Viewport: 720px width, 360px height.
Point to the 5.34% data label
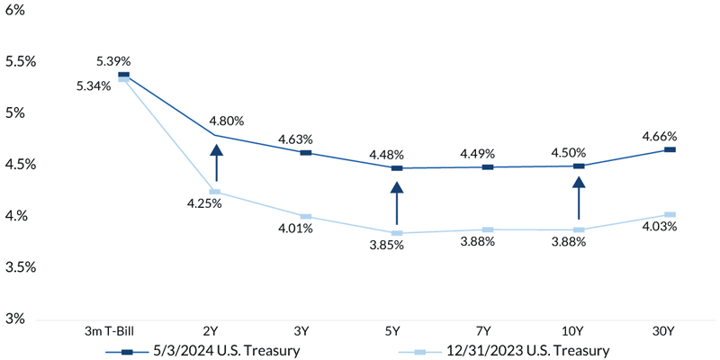94,85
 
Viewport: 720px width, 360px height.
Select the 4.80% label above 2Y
227,120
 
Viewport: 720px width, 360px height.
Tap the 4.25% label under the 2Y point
204,203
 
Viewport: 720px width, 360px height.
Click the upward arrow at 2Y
216,163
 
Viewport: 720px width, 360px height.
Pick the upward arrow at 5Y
396,203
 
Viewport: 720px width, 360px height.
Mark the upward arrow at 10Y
578,198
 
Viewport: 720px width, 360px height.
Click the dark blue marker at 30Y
670,149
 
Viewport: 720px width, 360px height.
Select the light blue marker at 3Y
306,217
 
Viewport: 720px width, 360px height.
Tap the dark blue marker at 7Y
488,167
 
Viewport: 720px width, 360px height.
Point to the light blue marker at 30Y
670,215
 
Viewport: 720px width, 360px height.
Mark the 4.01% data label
294,229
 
